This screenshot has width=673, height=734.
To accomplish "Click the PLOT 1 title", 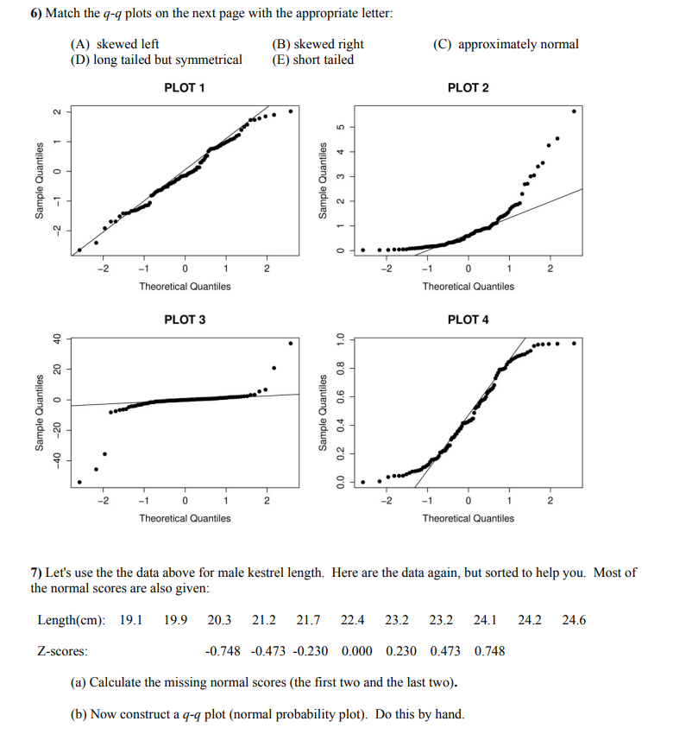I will [x=185, y=88].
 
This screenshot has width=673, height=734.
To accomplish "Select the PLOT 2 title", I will [x=468, y=88].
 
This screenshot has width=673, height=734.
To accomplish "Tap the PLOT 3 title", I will [x=185, y=320].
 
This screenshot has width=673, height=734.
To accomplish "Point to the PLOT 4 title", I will [x=468, y=320].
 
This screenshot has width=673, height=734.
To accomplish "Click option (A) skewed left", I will [x=114, y=44].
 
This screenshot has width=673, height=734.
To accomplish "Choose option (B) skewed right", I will [x=318, y=44].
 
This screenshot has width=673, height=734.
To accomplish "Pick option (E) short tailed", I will [x=312, y=60].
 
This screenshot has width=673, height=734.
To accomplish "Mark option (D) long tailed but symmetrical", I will [x=156, y=60].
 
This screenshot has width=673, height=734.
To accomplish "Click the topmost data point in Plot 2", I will [x=575, y=111].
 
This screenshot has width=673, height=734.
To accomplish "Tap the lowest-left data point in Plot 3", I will [x=79, y=482].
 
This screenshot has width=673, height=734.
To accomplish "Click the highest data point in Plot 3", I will [x=290, y=343].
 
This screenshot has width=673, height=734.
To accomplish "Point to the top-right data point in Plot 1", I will [x=291, y=111].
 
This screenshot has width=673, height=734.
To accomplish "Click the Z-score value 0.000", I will [x=356, y=650].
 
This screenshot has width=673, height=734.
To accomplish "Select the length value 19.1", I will [x=131, y=620].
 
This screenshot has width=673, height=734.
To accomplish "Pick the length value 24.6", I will [x=574, y=620].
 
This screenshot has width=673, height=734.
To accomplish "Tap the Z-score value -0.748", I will [x=223, y=650].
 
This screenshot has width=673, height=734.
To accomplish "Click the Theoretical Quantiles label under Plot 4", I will [x=468, y=518].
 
